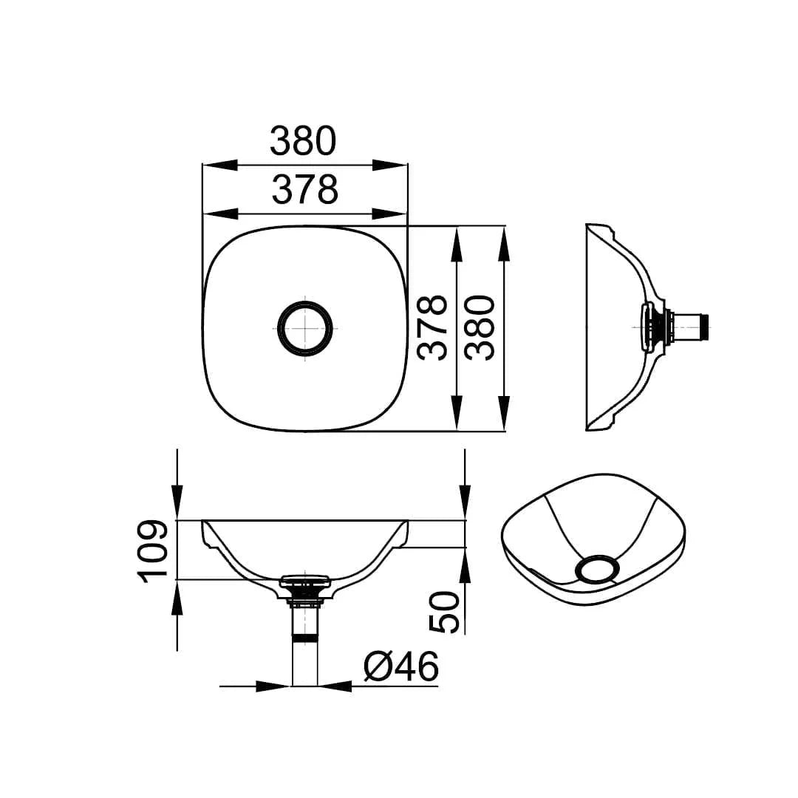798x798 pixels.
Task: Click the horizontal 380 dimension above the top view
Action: click(x=303, y=140)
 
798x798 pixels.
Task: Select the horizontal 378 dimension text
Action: click(x=304, y=190)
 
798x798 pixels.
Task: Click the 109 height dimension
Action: click(x=154, y=551)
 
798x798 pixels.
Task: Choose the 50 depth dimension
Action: click(x=445, y=612)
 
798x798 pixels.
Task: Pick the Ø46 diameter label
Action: click(x=401, y=668)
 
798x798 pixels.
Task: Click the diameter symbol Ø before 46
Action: click(x=377, y=668)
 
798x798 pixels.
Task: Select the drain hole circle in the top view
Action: click(x=304, y=328)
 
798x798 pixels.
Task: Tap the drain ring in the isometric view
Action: click(x=598, y=570)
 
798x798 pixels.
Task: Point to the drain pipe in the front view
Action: click(x=304, y=650)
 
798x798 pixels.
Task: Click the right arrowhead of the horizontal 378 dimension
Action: click(x=389, y=214)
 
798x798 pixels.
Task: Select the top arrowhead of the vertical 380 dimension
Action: click(x=504, y=245)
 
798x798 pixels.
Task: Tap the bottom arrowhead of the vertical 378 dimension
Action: click(x=457, y=412)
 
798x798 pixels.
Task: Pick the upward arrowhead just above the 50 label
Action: click(x=465, y=565)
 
